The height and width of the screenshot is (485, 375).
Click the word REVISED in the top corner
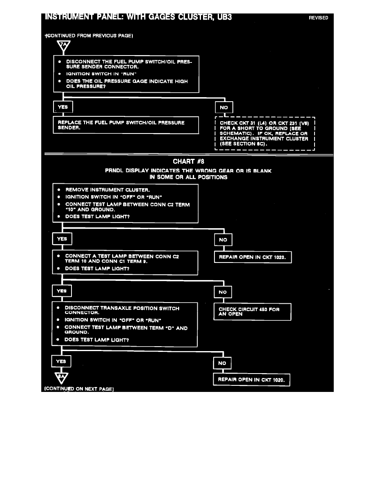tap(318, 18)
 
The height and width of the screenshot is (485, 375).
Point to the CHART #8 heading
tap(188, 162)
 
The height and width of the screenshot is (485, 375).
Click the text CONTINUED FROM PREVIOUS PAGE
tap(89, 36)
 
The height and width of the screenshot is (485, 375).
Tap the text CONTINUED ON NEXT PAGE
tap(78, 389)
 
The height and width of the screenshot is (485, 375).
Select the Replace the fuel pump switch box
tap(126, 125)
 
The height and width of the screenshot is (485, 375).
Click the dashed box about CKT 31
tap(264, 133)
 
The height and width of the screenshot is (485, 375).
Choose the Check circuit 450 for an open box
tap(252, 312)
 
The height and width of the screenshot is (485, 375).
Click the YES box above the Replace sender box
tap(63, 107)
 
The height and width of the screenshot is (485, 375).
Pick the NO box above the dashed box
tap(224, 107)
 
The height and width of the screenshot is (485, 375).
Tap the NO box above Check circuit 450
tap(223, 292)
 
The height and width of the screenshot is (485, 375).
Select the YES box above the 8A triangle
tap(61, 362)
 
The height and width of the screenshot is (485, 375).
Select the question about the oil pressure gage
tap(127, 84)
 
